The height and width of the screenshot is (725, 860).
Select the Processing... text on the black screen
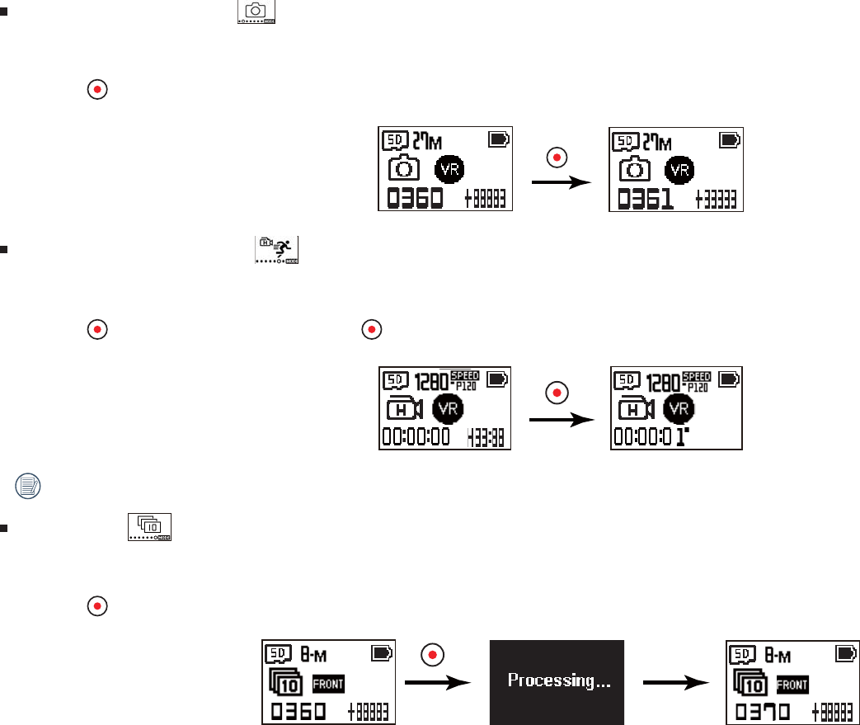(557, 681)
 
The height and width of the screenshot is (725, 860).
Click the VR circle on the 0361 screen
(680, 169)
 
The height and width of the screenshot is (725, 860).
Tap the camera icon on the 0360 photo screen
(404, 169)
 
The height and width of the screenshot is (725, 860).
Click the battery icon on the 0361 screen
(730, 140)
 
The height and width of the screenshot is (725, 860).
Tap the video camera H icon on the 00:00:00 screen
(404, 407)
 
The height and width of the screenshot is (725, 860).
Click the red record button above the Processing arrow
(432, 655)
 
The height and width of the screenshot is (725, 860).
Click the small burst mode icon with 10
(149, 526)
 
